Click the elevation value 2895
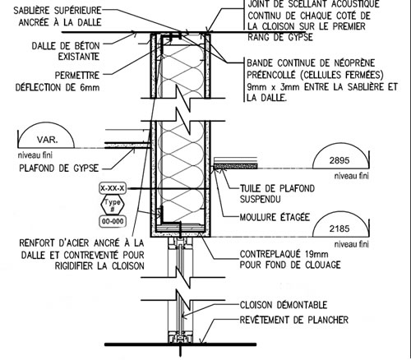click(339, 160)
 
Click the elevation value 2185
click(339, 228)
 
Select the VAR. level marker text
click(47, 140)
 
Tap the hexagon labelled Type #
click(113, 205)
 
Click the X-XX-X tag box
click(113, 188)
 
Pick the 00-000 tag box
click(113, 221)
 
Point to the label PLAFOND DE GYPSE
click(58, 168)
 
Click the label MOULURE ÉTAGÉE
click(275, 217)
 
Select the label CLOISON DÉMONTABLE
click(284, 305)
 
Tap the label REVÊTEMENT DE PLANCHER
click(294, 320)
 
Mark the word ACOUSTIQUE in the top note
click(354, 4)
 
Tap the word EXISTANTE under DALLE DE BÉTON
click(79, 57)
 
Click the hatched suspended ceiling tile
click(235, 166)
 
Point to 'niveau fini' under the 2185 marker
click(352, 244)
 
